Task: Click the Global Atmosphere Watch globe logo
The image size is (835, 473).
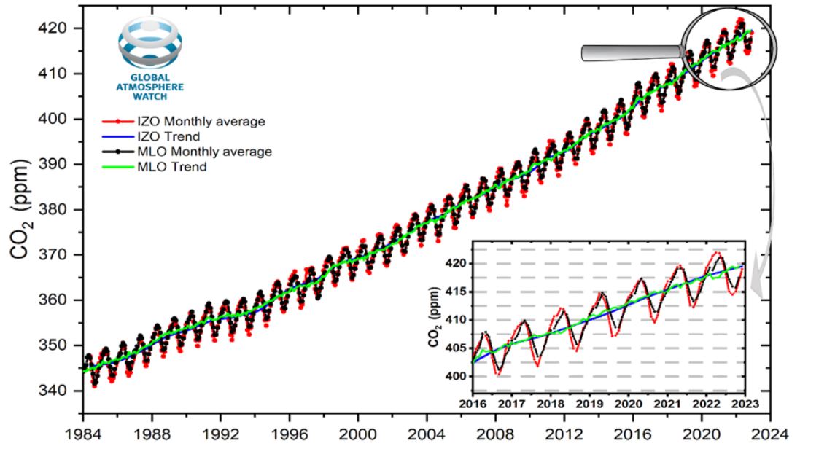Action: pyautogui.click(x=152, y=44)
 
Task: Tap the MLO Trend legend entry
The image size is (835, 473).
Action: pyautogui.click(x=167, y=167)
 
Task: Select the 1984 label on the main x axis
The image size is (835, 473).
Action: pyautogui.click(x=82, y=433)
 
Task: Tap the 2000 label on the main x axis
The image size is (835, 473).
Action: pyautogui.click(x=357, y=433)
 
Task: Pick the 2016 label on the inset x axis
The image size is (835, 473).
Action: pyautogui.click(x=472, y=404)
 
